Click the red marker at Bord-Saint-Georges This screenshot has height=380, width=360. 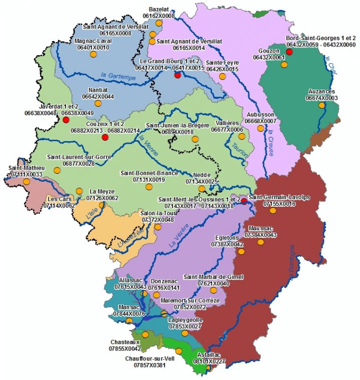(x=289, y=52)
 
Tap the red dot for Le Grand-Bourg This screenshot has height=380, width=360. (x=177, y=75)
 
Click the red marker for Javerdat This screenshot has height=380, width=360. (x=65, y=120)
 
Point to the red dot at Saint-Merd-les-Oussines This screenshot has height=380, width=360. (x=243, y=201)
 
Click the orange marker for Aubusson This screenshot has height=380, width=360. (x=260, y=128)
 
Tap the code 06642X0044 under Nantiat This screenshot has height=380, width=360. (x=98, y=96)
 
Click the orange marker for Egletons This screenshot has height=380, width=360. (x=241, y=251)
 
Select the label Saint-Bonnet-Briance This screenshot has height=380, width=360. (x=149, y=173)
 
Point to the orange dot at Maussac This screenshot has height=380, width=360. (x=260, y=242)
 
